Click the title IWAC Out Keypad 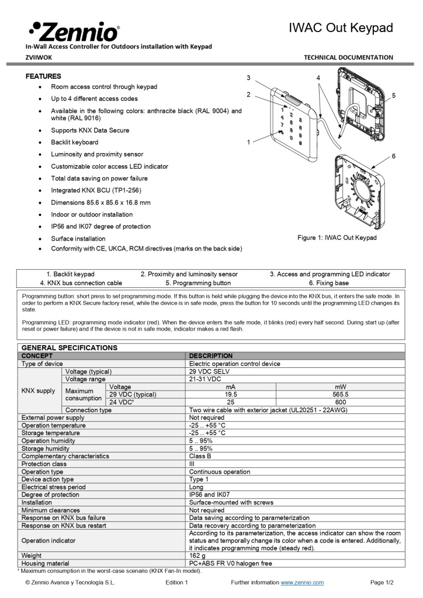pyautogui.click(x=341, y=28)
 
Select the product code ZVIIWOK pyautogui.click(x=39, y=57)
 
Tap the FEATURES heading pyautogui.click(x=43, y=77)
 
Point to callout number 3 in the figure pyautogui.click(x=248, y=78)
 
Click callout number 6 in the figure pyautogui.click(x=394, y=156)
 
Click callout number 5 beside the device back pyautogui.click(x=394, y=95)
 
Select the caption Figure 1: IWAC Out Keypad pyautogui.click(x=337, y=238)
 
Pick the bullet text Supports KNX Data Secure pyautogui.click(x=90, y=130)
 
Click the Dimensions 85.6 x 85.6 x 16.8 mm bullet pyautogui.click(x=100, y=203)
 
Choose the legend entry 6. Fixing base pyautogui.click(x=332, y=283)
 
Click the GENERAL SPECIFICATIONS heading pyautogui.click(x=69, y=347)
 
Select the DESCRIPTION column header pyautogui.click(x=211, y=356)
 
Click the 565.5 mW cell pyautogui.click(x=341, y=394)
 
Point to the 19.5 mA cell pyautogui.click(x=230, y=394)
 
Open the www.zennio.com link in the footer pyautogui.click(x=302, y=582)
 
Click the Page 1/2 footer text pyautogui.click(x=382, y=582)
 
